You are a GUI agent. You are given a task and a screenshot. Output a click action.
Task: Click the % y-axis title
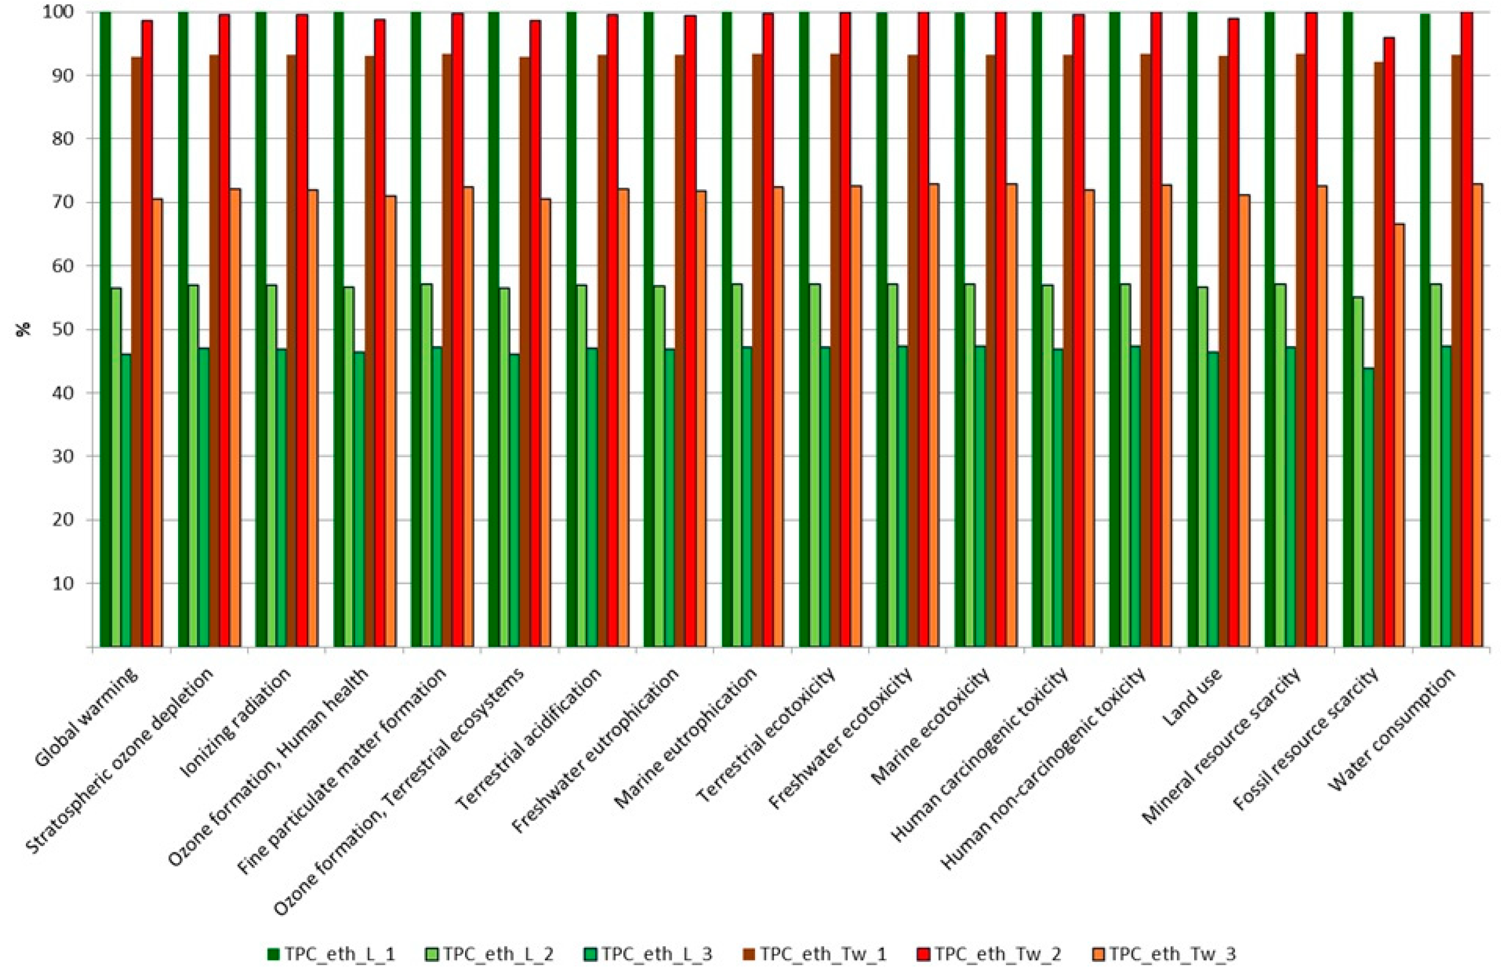pyautogui.click(x=26, y=330)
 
